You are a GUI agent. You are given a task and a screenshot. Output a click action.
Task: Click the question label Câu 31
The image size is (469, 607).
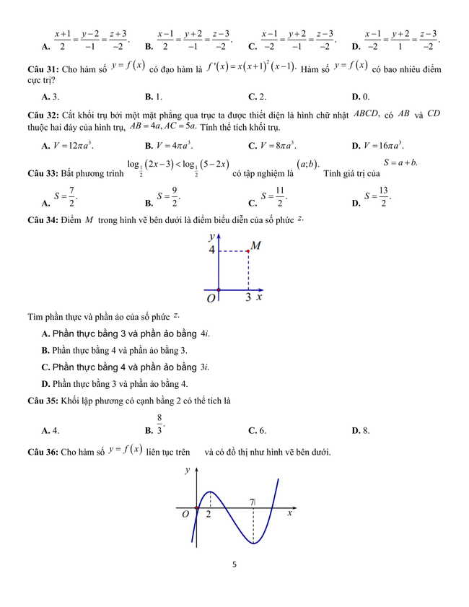click(43, 71)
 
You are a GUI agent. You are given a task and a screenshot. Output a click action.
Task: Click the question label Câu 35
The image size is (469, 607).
click(43, 401)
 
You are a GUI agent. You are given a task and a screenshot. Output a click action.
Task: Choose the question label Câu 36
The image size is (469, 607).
click(43, 453)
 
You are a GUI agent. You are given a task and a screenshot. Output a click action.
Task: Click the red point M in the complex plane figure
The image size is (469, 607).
click(248, 250)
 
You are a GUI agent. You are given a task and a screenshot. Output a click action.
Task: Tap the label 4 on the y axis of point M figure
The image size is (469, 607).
click(212, 250)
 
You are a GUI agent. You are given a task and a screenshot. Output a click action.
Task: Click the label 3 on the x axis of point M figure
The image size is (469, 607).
click(247, 297)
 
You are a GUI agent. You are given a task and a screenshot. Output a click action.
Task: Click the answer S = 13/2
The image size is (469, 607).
click(377, 197)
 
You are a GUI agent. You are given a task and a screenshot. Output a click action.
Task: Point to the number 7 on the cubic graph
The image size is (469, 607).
click(252, 502)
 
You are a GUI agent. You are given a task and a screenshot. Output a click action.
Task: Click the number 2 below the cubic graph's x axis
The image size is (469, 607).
click(209, 515)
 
